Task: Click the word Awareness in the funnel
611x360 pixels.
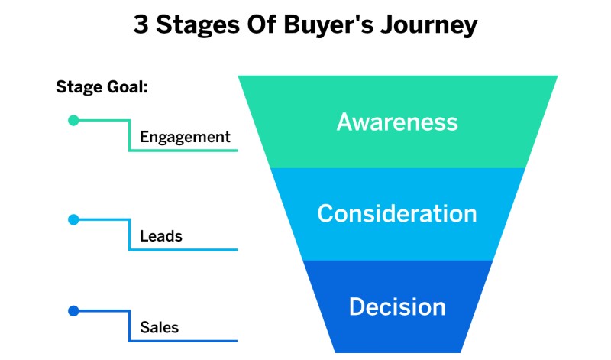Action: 397,122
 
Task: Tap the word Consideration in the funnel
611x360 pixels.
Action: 397,213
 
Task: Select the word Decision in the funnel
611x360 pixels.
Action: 397,306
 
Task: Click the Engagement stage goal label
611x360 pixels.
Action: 185,138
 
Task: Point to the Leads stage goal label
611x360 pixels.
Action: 161,236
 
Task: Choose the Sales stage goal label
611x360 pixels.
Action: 159,328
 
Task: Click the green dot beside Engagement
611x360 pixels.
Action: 73,120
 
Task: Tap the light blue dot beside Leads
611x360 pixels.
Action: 73,219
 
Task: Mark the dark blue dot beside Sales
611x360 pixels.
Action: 73,311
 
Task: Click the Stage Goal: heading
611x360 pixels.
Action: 102,86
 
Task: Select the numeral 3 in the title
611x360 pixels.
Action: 141,24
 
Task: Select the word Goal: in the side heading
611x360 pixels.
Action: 128,86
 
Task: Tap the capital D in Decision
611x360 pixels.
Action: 357,306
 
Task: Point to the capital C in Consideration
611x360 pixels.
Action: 327,213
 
